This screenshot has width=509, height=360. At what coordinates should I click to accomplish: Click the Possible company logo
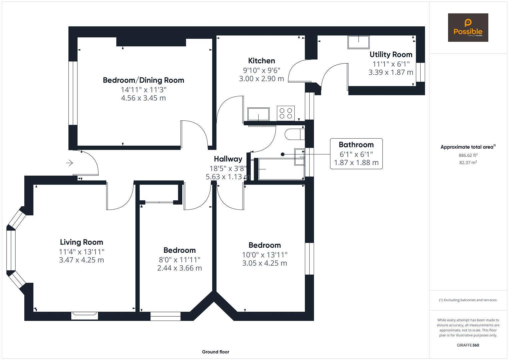coord(468,28)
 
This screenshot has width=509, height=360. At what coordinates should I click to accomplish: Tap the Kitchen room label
coord(261,61)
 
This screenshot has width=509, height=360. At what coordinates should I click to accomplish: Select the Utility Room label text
coord(391,54)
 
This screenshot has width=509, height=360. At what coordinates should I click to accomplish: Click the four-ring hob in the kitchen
coord(286,113)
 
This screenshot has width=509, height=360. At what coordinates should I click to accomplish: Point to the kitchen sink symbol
coord(258,114)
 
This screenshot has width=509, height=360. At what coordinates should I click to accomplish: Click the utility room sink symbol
coord(358,42)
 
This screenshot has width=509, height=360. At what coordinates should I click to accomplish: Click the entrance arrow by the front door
coord(69,163)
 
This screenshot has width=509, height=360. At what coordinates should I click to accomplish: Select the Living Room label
coord(81,242)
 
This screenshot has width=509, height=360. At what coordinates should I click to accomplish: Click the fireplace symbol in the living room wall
coord(84,315)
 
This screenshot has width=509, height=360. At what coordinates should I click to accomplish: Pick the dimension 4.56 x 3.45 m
coord(143,98)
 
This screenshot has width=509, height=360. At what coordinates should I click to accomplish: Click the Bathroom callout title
coord(356,145)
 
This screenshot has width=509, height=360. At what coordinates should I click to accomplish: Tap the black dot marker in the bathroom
coord(283,154)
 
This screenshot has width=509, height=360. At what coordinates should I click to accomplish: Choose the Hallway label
coord(228,159)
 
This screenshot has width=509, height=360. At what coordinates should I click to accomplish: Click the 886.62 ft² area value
coord(468,155)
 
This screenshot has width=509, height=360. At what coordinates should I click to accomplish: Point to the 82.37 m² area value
coord(468,163)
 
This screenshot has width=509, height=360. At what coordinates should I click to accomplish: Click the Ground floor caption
coord(215,352)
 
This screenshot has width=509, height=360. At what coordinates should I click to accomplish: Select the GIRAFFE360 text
coord(468,345)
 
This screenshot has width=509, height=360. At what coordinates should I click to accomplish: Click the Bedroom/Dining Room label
coord(143,80)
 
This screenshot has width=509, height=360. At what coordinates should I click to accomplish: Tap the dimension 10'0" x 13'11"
coord(265,255)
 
